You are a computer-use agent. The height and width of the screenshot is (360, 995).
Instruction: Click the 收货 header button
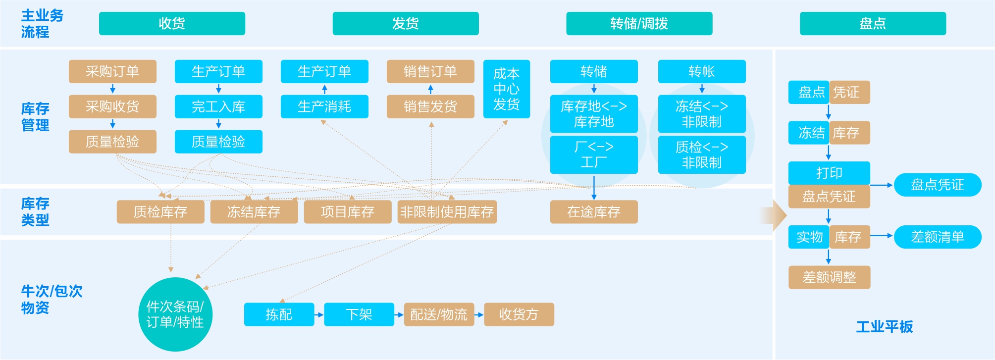(172, 24)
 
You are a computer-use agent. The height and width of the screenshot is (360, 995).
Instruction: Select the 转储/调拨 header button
(639, 24)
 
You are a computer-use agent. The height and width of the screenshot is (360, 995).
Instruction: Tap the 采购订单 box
(112, 71)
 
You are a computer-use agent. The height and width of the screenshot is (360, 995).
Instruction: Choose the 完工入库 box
(218, 106)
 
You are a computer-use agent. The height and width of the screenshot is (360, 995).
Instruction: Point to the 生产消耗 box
(324, 106)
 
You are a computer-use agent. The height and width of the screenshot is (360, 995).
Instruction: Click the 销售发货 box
(430, 106)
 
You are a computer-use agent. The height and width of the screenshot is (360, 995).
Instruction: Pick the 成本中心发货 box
(506, 89)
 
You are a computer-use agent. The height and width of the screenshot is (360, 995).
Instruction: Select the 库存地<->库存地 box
(594, 114)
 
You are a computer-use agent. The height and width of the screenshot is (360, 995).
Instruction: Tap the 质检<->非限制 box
(702, 154)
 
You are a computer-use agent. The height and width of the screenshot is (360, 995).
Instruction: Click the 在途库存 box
(594, 212)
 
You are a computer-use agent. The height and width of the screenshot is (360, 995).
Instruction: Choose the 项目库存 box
(347, 212)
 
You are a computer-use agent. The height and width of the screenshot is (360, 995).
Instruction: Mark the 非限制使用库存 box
(447, 212)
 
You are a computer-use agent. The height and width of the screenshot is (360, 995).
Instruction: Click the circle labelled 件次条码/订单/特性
(175, 314)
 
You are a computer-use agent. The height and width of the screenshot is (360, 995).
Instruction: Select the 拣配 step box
(279, 314)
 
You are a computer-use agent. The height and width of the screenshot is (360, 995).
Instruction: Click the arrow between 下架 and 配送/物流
(399, 314)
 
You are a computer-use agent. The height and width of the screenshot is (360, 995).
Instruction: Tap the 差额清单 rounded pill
(937, 237)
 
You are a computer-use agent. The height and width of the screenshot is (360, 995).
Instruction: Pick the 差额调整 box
(829, 277)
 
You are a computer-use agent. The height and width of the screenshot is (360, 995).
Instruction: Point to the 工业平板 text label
(885, 327)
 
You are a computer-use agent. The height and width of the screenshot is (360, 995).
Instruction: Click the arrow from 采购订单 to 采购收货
(112, 89)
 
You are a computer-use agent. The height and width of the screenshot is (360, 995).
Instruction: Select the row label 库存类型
(35, 211)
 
